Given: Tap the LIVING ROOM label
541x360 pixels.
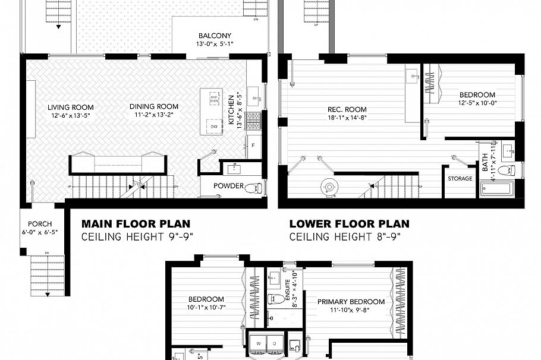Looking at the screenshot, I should pyautogui.click(x=71, y=108).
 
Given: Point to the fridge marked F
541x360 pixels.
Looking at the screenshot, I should pyautogui.click(x=253, y=146).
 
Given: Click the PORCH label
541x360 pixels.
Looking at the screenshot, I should pyautogui.click(x=40, y=224).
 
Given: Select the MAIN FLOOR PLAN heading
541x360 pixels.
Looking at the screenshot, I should pyautogui.click(x=136, y=224).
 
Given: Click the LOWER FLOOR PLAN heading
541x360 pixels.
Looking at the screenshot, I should pyautogui.click(x=349, y=224).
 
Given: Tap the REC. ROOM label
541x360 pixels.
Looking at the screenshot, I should pyautogui.click(x=347, y=109).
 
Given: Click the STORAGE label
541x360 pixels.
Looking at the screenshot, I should pyautogui.click(x=460, y=178).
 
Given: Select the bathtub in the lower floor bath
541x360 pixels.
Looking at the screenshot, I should pyautogui.click(x=496, y=191).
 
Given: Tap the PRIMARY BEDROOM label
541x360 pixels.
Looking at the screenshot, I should pyautogui.click(x=351, y=302).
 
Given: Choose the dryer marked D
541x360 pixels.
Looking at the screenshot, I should pyautogui.click(x=274, y=343).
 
